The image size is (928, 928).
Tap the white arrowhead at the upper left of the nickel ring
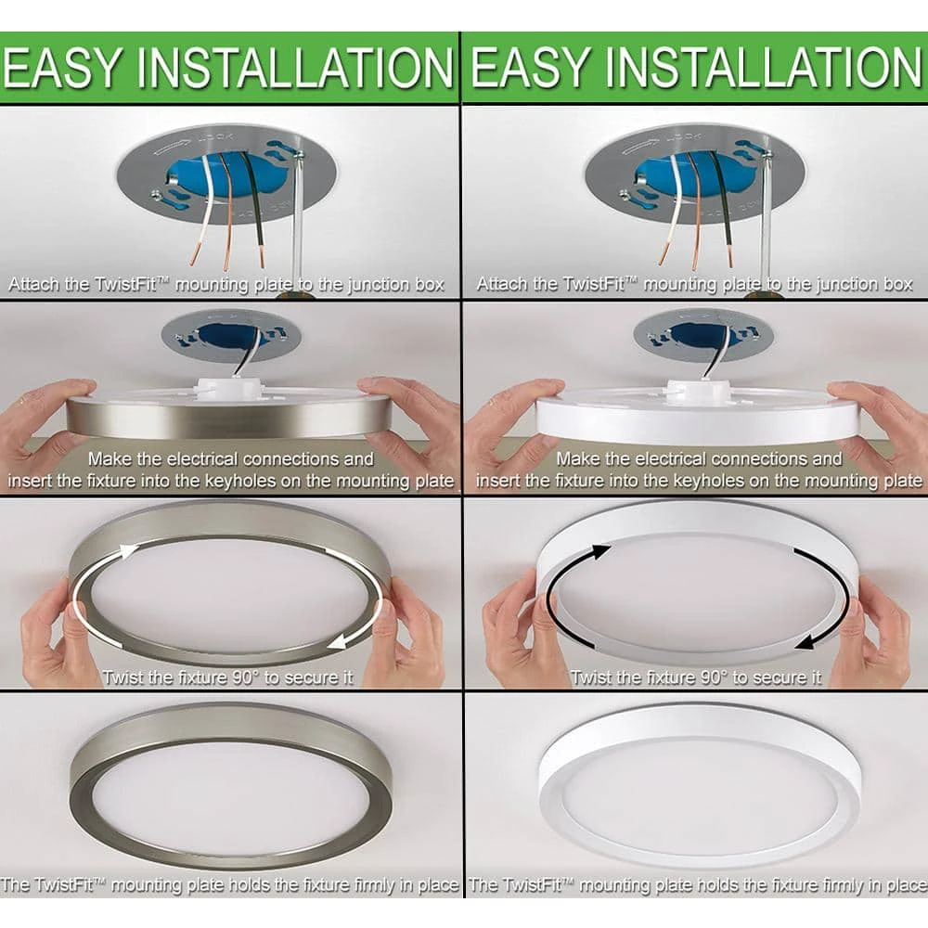pos(128,551)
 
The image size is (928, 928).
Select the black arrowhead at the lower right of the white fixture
pos(806,643)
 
